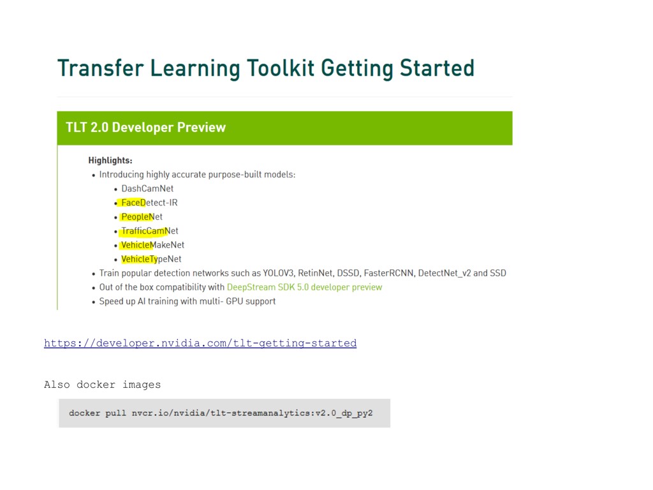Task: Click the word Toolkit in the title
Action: [281, 68]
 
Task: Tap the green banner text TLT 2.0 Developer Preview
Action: [146, 128]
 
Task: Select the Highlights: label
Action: [110, 160]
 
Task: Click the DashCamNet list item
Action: [147, 189]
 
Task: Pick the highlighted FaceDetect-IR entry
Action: [149, 203]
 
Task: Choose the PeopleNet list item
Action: [142, 217]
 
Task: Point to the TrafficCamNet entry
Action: [150, 231]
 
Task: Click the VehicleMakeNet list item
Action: [153, 245]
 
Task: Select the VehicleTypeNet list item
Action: [151, 259]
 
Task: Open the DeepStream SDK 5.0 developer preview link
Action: [304, 287]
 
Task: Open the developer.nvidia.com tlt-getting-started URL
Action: [200, 343]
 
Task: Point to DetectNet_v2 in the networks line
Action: [444, 273]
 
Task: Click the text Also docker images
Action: [103, 385]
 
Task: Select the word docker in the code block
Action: [85, 413]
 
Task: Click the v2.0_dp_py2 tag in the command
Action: [344, 413]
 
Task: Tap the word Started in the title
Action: [437, 68]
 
